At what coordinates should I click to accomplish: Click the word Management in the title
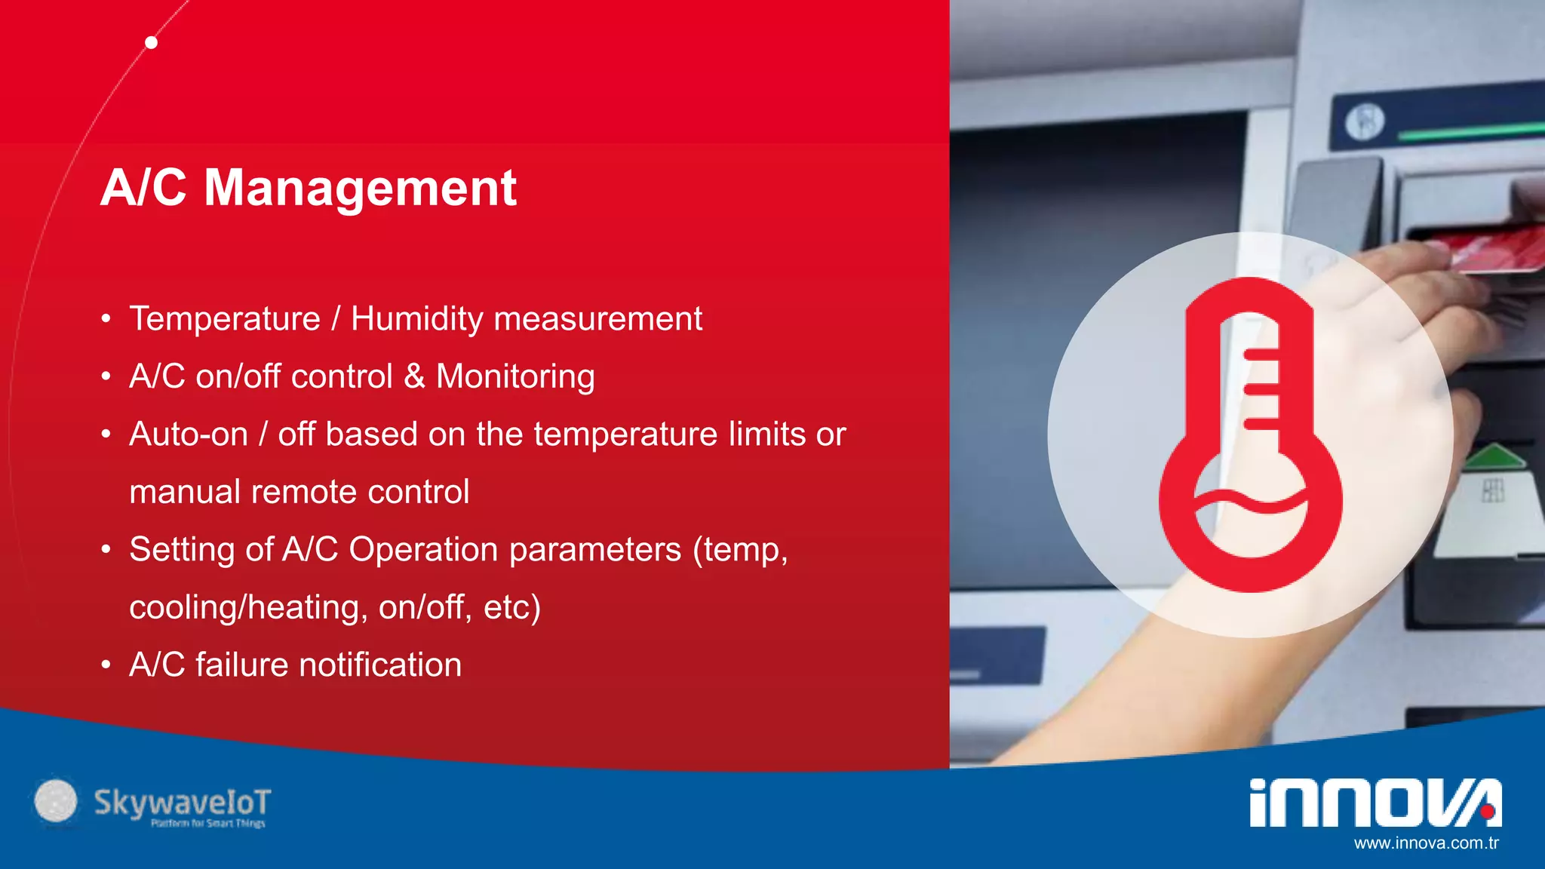[360, 189]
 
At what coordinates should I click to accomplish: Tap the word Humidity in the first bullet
[417, 319]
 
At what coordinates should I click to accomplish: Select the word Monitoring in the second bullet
[515, 377]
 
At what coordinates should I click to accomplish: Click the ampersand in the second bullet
[414, 376]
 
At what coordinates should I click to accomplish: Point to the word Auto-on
[189, 434]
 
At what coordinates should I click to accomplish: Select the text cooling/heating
[247, 607]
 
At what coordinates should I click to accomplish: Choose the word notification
[380, 665]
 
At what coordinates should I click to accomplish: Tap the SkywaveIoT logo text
[182, 803]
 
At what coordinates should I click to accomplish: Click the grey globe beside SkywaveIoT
[56, 801]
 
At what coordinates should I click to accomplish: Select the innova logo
[1375, 803]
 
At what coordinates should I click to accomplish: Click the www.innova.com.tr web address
[1426, 843]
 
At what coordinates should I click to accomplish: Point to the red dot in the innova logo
[1487, 812]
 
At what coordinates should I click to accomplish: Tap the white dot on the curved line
[151, 42]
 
